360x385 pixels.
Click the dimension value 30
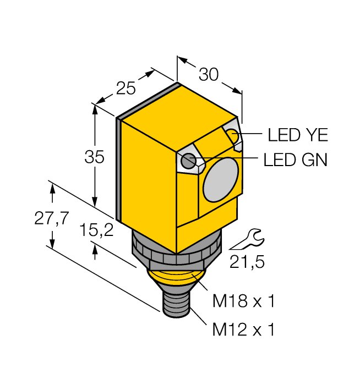[x=209, y=74]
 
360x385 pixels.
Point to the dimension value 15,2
[x=96, y=231]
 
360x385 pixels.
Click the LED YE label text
[x=297, y=134]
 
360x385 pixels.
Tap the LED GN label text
[x=296, y=160]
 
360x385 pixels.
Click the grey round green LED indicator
[x=189, y=161]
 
